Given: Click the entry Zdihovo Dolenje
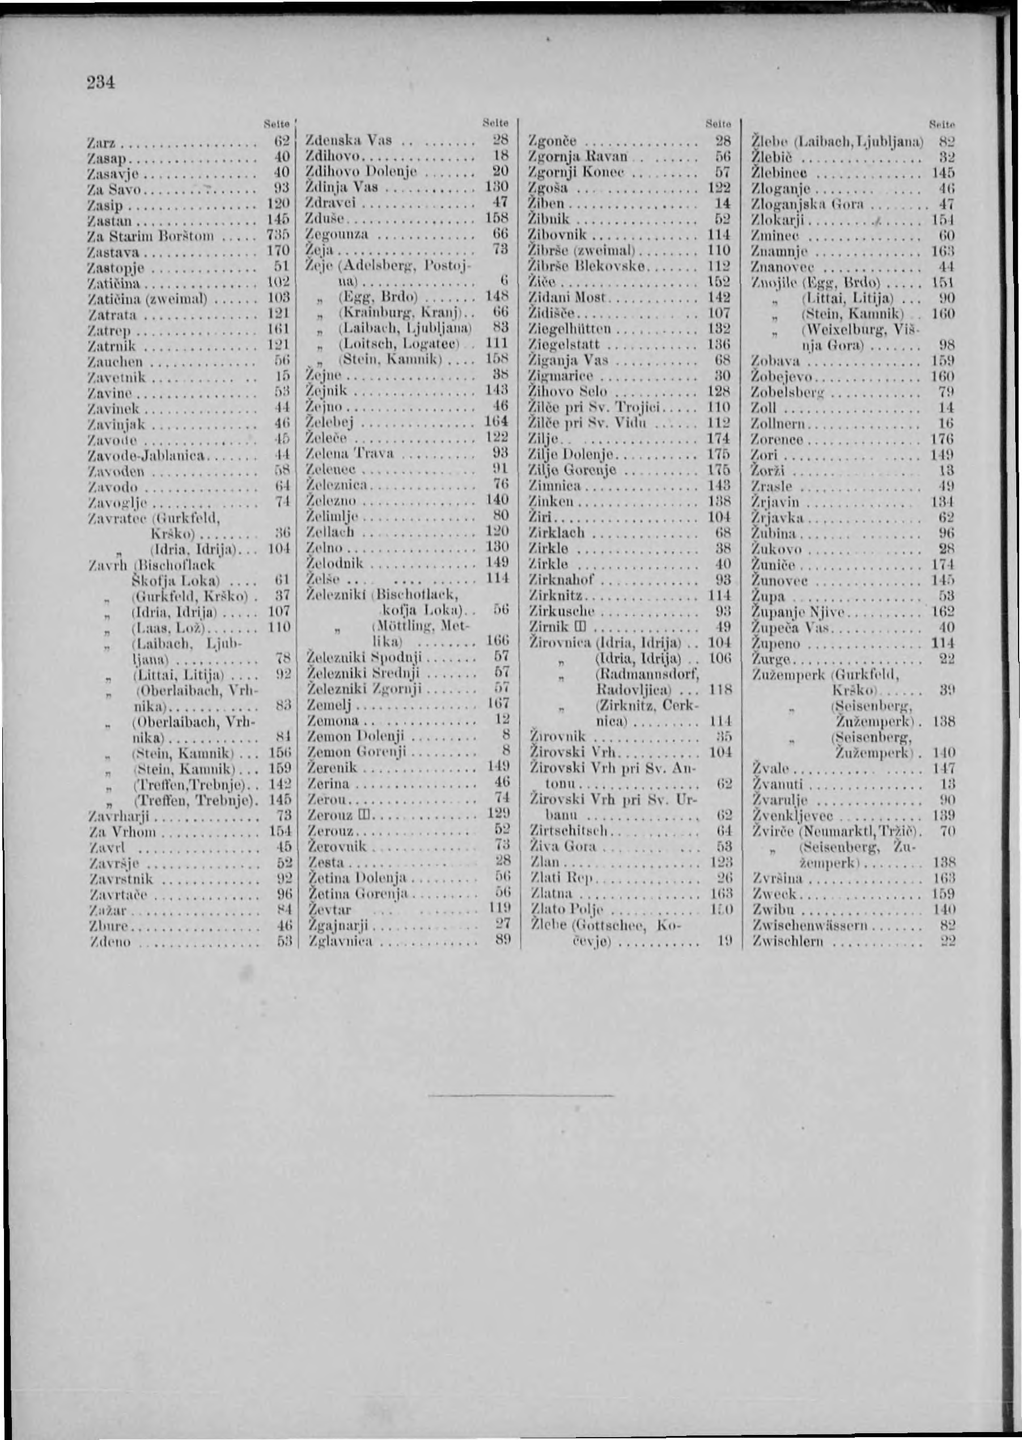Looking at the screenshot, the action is pyautogui.click(x=357, y=171).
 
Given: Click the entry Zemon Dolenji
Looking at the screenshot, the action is pyautogui.click(x=354, y=735).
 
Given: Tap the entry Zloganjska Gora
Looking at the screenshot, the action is pyautogui.click(x=809, y=204).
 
